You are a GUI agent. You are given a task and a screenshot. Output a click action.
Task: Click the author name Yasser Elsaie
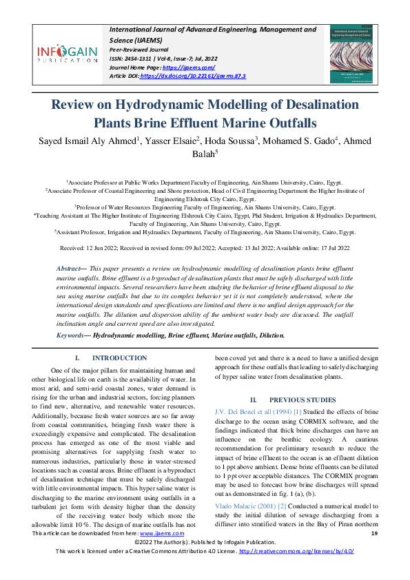(x=163, y=141)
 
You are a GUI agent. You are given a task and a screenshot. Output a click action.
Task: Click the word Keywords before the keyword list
(x=72, y=335)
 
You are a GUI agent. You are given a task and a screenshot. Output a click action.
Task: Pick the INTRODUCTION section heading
(x=119, y=358)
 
